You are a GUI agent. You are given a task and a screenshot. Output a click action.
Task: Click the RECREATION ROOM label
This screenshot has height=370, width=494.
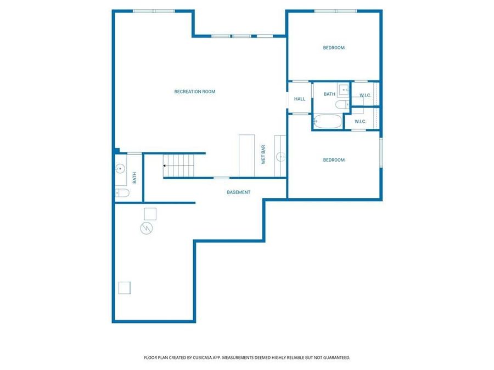click(x=195, y=92)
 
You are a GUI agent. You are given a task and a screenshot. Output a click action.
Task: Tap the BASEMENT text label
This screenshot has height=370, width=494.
click(x=239, y=192)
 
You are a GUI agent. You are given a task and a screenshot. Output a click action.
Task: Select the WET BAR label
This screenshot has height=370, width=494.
click(x=263, y=155)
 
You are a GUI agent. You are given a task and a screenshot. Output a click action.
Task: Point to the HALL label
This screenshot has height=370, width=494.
click(x=300, y=99)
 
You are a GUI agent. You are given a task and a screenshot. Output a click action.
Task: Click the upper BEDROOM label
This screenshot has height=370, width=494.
click(x=334, y=48)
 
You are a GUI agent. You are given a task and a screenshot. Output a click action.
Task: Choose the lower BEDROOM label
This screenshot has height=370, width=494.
click(x=334, y=160)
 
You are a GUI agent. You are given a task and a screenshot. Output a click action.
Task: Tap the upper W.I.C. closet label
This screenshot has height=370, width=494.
click(x=366, y=95)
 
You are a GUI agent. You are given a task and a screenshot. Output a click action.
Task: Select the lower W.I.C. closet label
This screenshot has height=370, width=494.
click(x=360, y=121)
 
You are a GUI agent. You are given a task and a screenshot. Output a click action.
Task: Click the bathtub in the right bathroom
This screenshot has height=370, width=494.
click(x=328, y=121)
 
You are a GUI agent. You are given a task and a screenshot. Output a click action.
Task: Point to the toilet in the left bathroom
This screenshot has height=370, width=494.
click(x=122, y=192)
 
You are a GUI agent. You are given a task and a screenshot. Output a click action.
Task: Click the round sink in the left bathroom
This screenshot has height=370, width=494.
click(x=120, y=169)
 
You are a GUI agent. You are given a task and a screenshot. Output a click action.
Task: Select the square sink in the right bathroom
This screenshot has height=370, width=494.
click(x=343, y=90)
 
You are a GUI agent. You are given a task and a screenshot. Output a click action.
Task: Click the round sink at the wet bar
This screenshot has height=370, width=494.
click(x=281, y=157)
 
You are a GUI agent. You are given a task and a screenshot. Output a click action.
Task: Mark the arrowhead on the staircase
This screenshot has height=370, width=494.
click(x=165, y=165)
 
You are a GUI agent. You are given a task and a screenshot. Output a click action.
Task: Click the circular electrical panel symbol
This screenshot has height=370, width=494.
click(x=147, y=228)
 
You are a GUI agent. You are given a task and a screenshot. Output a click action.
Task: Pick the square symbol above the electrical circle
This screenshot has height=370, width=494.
click(x=150, y=213)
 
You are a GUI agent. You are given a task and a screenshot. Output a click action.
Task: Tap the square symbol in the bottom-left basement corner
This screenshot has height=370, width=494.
click(x=125, y=288)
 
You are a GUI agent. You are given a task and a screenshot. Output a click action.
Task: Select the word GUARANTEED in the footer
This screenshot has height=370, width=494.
click(x=335, y=357)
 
